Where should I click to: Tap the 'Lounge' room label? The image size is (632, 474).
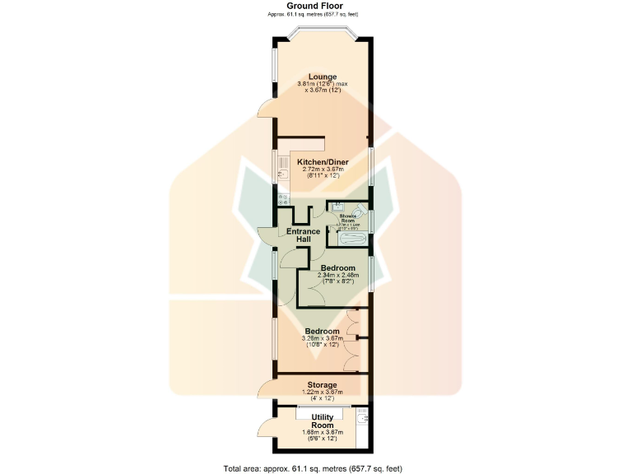pos(323,77)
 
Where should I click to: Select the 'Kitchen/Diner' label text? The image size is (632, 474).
pos(323,162)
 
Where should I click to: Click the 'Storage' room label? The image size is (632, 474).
pos(322,384)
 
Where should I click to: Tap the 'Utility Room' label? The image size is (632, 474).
pos(317,421)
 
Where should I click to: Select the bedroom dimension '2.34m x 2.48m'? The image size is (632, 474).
pos(337,275)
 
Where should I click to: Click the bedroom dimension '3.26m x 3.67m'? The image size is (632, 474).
pos(320,338)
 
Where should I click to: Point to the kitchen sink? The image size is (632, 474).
pos(281,172)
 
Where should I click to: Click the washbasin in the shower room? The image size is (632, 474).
pos(337,207)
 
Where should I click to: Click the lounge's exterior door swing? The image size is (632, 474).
pos(265,110)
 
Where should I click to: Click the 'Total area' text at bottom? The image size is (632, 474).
pos(312,467)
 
